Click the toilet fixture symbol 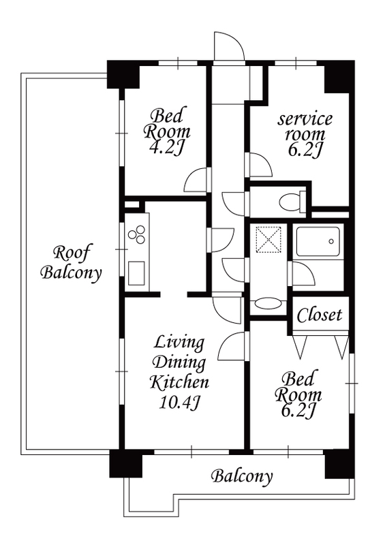pos(292,201)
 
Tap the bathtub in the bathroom pos(318,242)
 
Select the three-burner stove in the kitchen pos(136,234)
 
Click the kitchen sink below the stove pos(136,273)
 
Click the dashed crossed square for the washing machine pos(268,240)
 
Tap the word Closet pos(320,315)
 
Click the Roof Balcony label pos(72,262)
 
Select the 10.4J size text pos(179,403)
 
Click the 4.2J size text pos(166,148)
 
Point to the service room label pos(305,127)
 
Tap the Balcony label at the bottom pos(242,476)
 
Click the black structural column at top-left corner pos(123,74)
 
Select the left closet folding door pos(300,347)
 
